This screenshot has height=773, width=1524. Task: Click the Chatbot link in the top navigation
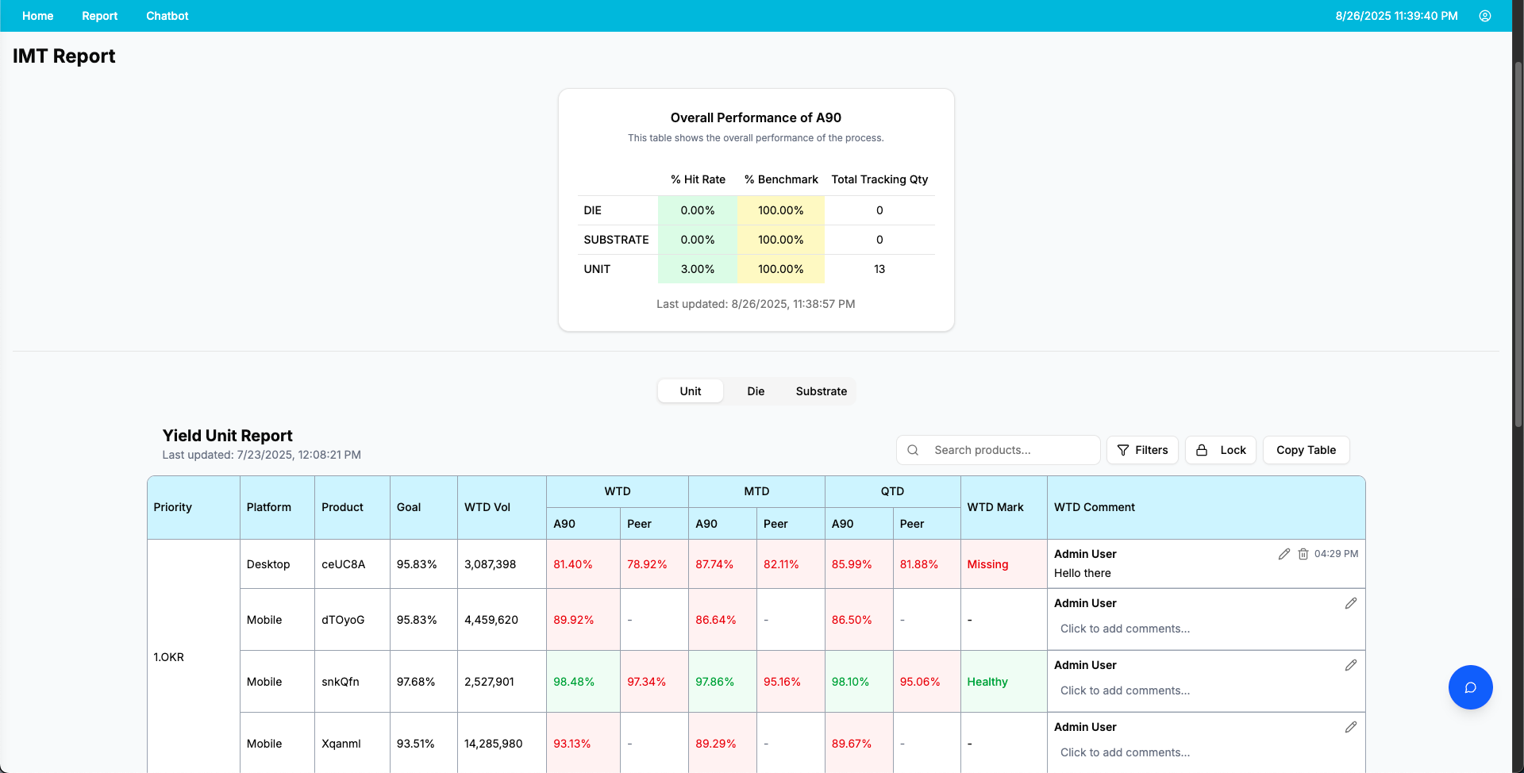pos(167,16)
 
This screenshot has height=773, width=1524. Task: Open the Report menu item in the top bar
pos(99,16)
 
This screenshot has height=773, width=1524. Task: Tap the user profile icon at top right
pos(1485,16)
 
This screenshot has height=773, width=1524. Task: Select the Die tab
pos(756,391)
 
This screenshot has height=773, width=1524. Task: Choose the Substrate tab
pos(822,391)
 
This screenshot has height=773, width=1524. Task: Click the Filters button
pos(1142,450)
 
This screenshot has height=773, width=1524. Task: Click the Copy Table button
pos(1306,450)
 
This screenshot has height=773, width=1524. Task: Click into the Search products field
pos(999,450)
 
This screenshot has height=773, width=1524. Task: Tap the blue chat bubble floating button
pos(1470,687)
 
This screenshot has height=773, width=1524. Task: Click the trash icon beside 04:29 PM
pos(1303,554)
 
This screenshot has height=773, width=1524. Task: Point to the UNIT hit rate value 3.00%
pos(698,269)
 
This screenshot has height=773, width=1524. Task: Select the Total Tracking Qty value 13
pos(879,269)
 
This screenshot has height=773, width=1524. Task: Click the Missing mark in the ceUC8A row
pos(987,564)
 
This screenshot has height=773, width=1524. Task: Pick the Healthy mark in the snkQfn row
pos(987,682)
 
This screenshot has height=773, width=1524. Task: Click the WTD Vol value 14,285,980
pos(493,744)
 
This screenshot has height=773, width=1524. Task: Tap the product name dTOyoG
pos(343,620)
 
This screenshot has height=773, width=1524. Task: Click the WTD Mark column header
pos(995,507)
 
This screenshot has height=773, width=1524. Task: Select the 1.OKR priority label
pos(168,657)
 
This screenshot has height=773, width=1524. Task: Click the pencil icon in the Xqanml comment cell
pos(1351,727)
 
